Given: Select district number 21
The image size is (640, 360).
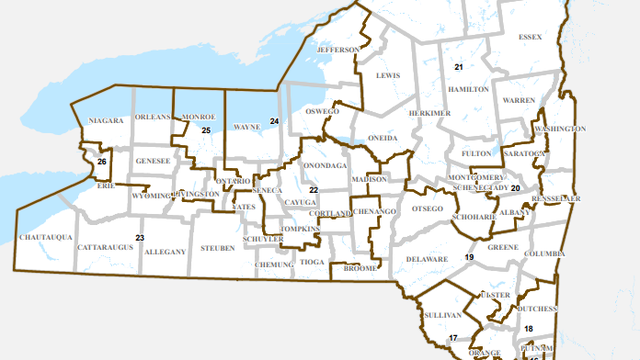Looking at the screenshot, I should tap(458, 67).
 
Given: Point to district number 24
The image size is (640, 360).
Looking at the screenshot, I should tap(273, 121).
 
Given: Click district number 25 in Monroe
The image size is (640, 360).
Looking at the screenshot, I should tap(205, 131).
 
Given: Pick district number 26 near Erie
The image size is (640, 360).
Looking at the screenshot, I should tap(102, 162).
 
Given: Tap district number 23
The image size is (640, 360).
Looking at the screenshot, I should tap(140, 237).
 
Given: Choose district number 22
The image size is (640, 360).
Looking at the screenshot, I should tap(313, 189).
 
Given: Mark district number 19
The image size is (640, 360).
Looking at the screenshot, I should tap(468, 258).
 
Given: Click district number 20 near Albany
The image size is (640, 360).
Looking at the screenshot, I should tap(515, 188).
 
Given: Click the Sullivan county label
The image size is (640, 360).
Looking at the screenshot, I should tap(438, 313).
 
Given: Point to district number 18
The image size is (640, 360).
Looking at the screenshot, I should tap(528, 329).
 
